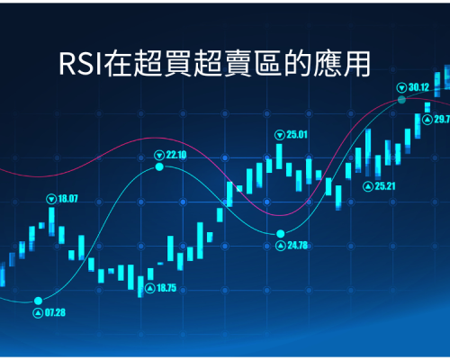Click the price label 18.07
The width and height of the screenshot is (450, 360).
tap(67, 199)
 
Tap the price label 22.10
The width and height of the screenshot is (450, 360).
tap(176, 155)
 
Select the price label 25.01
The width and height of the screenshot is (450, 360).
tap(297, 135)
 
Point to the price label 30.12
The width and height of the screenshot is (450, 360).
tap(418, 87)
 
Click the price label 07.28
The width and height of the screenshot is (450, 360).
tap(55, 312)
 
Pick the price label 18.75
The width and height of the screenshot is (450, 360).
tap(166, 288)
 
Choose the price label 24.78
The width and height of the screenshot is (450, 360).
tap(298, 246)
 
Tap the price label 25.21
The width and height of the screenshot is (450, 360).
tap(385, 186)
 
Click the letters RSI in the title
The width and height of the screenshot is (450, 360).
tap(80, 64)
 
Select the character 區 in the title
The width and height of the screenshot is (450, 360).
tap(267, 64)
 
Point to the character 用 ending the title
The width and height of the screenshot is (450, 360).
tap(357, 64)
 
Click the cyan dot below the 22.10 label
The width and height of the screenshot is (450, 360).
tap(159, 167)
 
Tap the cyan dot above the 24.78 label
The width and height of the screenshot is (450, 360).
tap(281, 233)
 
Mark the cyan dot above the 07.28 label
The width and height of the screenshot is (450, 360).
tap(38, 301)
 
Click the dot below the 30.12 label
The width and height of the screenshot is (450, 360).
tap(401, 100)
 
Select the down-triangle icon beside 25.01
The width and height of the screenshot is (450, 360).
tap(280, 135)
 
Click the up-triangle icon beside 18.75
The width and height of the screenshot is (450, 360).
tap(150, 289)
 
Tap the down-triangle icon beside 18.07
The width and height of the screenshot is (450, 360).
tap(51, 199)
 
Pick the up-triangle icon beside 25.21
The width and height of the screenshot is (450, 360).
tap(368, 186)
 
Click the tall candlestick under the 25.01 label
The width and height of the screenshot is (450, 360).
tap(279, 157)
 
